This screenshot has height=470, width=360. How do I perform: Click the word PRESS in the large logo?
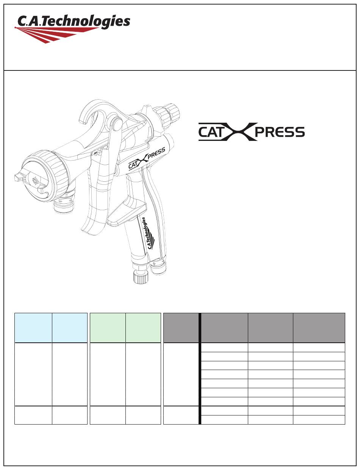[x=280, y=132]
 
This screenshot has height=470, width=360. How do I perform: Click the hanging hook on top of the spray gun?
[x=95, y=112]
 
